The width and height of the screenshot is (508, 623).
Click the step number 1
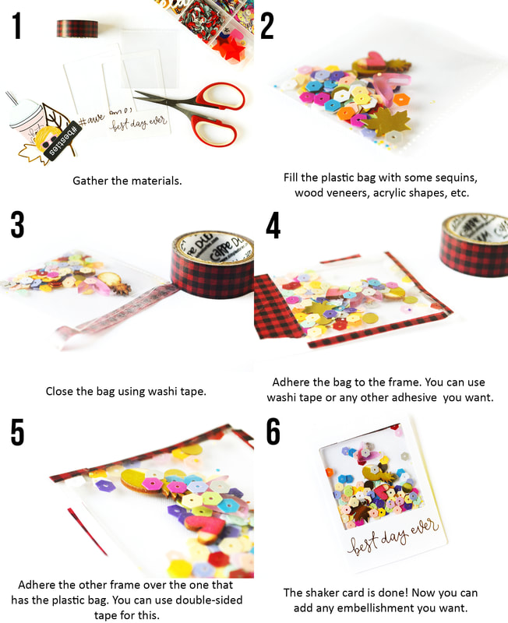click(16, 26)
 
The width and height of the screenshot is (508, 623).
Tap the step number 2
click(267, 26)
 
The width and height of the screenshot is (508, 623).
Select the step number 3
click(17, 224)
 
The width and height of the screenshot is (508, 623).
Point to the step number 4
click(273, 225)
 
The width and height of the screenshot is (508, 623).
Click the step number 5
click(17, 432)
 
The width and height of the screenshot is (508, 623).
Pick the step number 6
click(273, 431)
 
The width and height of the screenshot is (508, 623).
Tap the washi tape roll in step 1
click(77, 29)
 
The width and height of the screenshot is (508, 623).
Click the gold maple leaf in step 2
click(385, 121)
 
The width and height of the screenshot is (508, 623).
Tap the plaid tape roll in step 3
click(212, 264)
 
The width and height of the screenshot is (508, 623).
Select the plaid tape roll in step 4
click(474, 245)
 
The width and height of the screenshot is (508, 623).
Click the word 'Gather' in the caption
click(90, 181)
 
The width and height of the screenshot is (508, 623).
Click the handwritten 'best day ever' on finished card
click(393, 537)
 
